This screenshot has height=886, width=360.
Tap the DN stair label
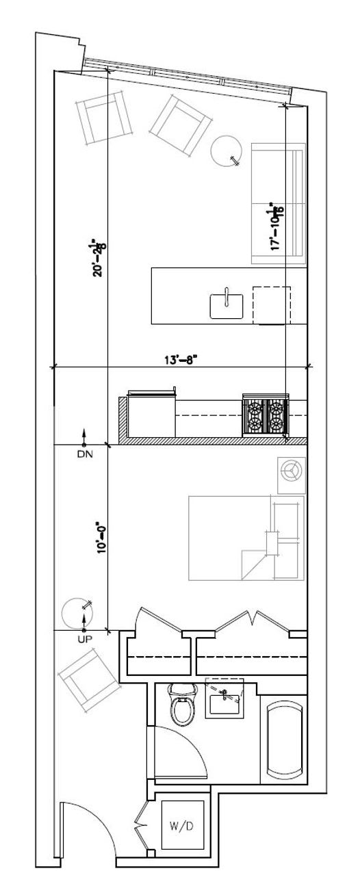[85, 453]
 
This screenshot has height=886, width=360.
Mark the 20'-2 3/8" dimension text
[101, 257]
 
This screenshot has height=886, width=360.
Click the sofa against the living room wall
[277, 203]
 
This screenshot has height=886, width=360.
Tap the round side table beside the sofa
[226, 151]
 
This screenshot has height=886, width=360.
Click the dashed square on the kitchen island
[272, 304]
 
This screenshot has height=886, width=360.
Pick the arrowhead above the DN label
[85, 434]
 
